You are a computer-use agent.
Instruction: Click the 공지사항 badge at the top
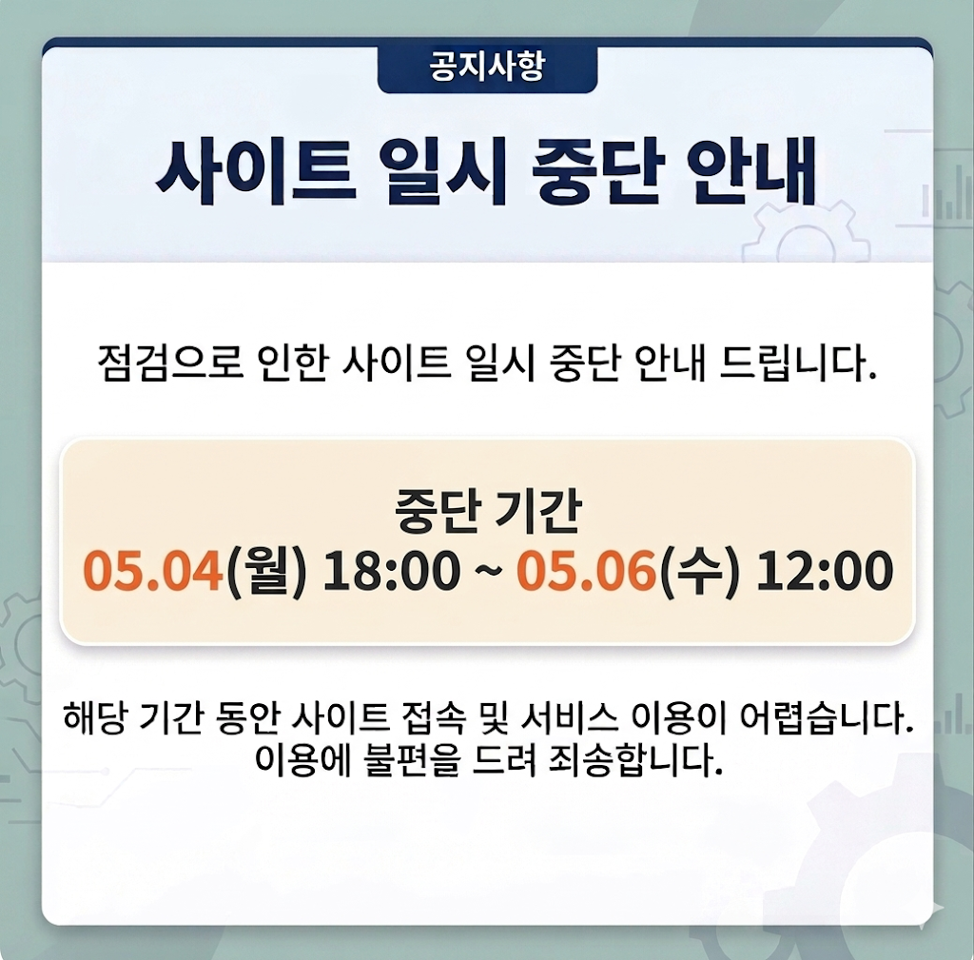[x=487, y=69]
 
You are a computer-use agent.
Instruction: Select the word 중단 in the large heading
[x=593, y=172]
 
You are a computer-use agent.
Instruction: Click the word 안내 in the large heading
[x=757, y=172]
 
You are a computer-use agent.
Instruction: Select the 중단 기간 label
[x=487, y=515]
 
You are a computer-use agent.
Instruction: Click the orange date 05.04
[x=152, y=571]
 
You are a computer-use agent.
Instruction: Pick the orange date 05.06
[x=586, y=571]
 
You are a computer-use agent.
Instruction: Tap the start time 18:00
[x=391, y=571]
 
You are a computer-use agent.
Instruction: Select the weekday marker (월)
[x=266, y=571]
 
